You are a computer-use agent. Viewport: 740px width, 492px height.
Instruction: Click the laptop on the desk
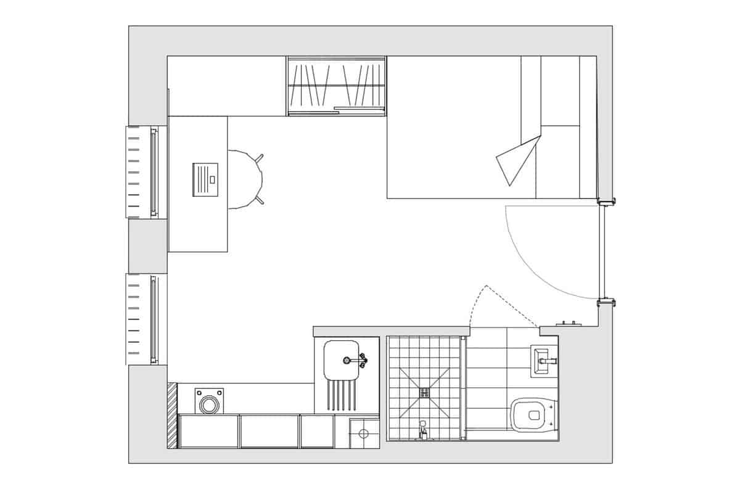(x=205, y=179)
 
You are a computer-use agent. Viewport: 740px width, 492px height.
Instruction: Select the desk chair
(x=247, y=179)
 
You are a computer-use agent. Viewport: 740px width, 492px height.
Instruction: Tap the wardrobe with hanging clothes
(x=337, y=86)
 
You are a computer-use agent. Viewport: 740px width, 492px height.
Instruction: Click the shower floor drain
(x=425, y=392)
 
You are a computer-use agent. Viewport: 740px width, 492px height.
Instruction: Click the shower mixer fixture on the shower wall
(x=423, y=430)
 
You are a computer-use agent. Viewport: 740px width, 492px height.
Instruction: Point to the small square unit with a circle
(x=363, y=433)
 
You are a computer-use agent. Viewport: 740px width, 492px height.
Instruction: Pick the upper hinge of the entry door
(x=607, y=200)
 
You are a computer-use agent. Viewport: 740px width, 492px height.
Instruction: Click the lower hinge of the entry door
(x=607, y=301)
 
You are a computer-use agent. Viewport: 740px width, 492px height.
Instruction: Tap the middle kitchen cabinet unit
(x=269, y=431)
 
